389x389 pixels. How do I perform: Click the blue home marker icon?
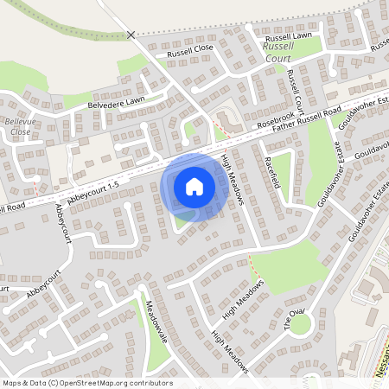click(x=194, y=186)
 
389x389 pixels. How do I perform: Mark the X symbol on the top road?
click(x=131, y=35)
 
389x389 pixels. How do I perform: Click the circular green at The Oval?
click(x=300, y=325)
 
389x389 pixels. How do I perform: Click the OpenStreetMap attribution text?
click(x=86, y=383)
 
